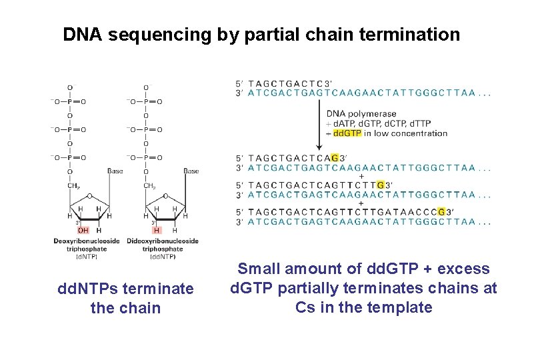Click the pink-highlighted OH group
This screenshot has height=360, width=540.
tap(83, 230)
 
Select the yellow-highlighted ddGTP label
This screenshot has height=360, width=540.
tap(347, 133)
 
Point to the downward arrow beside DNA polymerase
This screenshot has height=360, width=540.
tap(318, 127)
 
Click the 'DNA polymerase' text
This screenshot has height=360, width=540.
tap(361, 114)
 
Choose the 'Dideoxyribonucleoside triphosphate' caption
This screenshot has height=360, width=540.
tap(163, 245)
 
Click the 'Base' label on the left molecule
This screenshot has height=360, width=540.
tap(115, 171)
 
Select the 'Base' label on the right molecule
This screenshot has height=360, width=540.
tap(191, 171)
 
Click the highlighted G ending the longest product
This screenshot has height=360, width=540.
tap(441, 212)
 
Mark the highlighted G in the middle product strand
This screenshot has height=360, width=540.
tap(380, 185)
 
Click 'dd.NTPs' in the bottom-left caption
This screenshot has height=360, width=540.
tap(85, 289)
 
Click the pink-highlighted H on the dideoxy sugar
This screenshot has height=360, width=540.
tap(157, 230)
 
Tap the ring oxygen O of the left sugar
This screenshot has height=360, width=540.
tap(89, 196)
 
